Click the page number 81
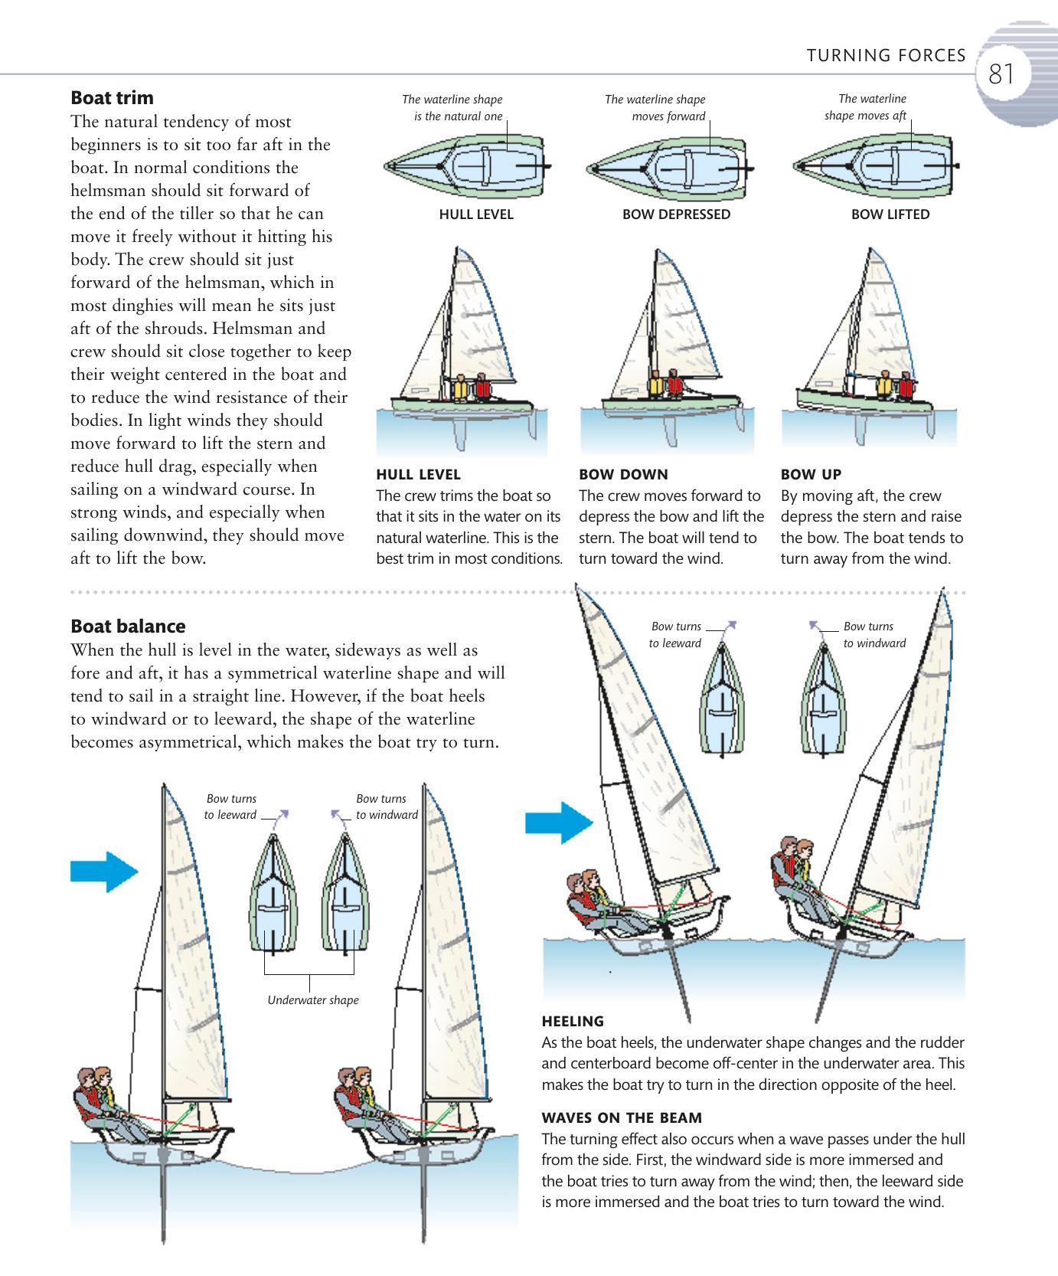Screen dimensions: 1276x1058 click(1001, 74)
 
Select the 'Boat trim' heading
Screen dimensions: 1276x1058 click(112, 98)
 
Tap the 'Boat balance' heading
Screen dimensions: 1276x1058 click(128, 627)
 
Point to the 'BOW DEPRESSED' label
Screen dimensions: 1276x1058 click(676, 214)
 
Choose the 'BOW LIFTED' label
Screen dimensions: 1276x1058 click(890, 214)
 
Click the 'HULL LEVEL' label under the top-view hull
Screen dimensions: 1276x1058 click(475, 214)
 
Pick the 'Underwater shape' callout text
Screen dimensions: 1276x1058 click(312, 1000)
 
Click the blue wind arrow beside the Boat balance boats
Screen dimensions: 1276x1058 click(103, 871)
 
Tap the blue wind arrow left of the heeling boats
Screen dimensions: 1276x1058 click(558, 823)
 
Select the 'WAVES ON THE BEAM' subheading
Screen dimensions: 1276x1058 click(621, 1117)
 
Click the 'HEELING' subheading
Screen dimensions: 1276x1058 click(573, 1021)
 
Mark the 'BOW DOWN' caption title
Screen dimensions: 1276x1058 click(623, 474)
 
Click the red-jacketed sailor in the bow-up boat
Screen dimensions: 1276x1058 click(906, 386)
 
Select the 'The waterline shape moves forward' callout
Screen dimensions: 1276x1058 click(655, 108)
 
